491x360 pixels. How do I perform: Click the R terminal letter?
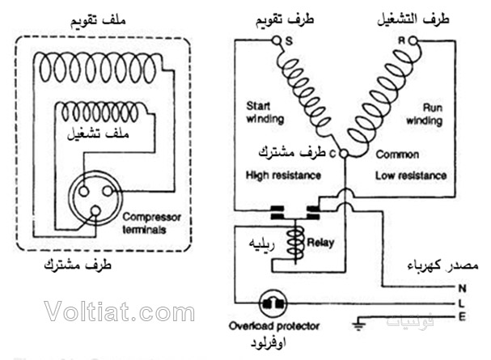[400, 40]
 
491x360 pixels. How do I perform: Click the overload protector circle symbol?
[269, 303]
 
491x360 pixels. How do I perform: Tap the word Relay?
[320, 241]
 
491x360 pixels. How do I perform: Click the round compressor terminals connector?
[93, 196]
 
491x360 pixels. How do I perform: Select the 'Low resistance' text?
[410, 174]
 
